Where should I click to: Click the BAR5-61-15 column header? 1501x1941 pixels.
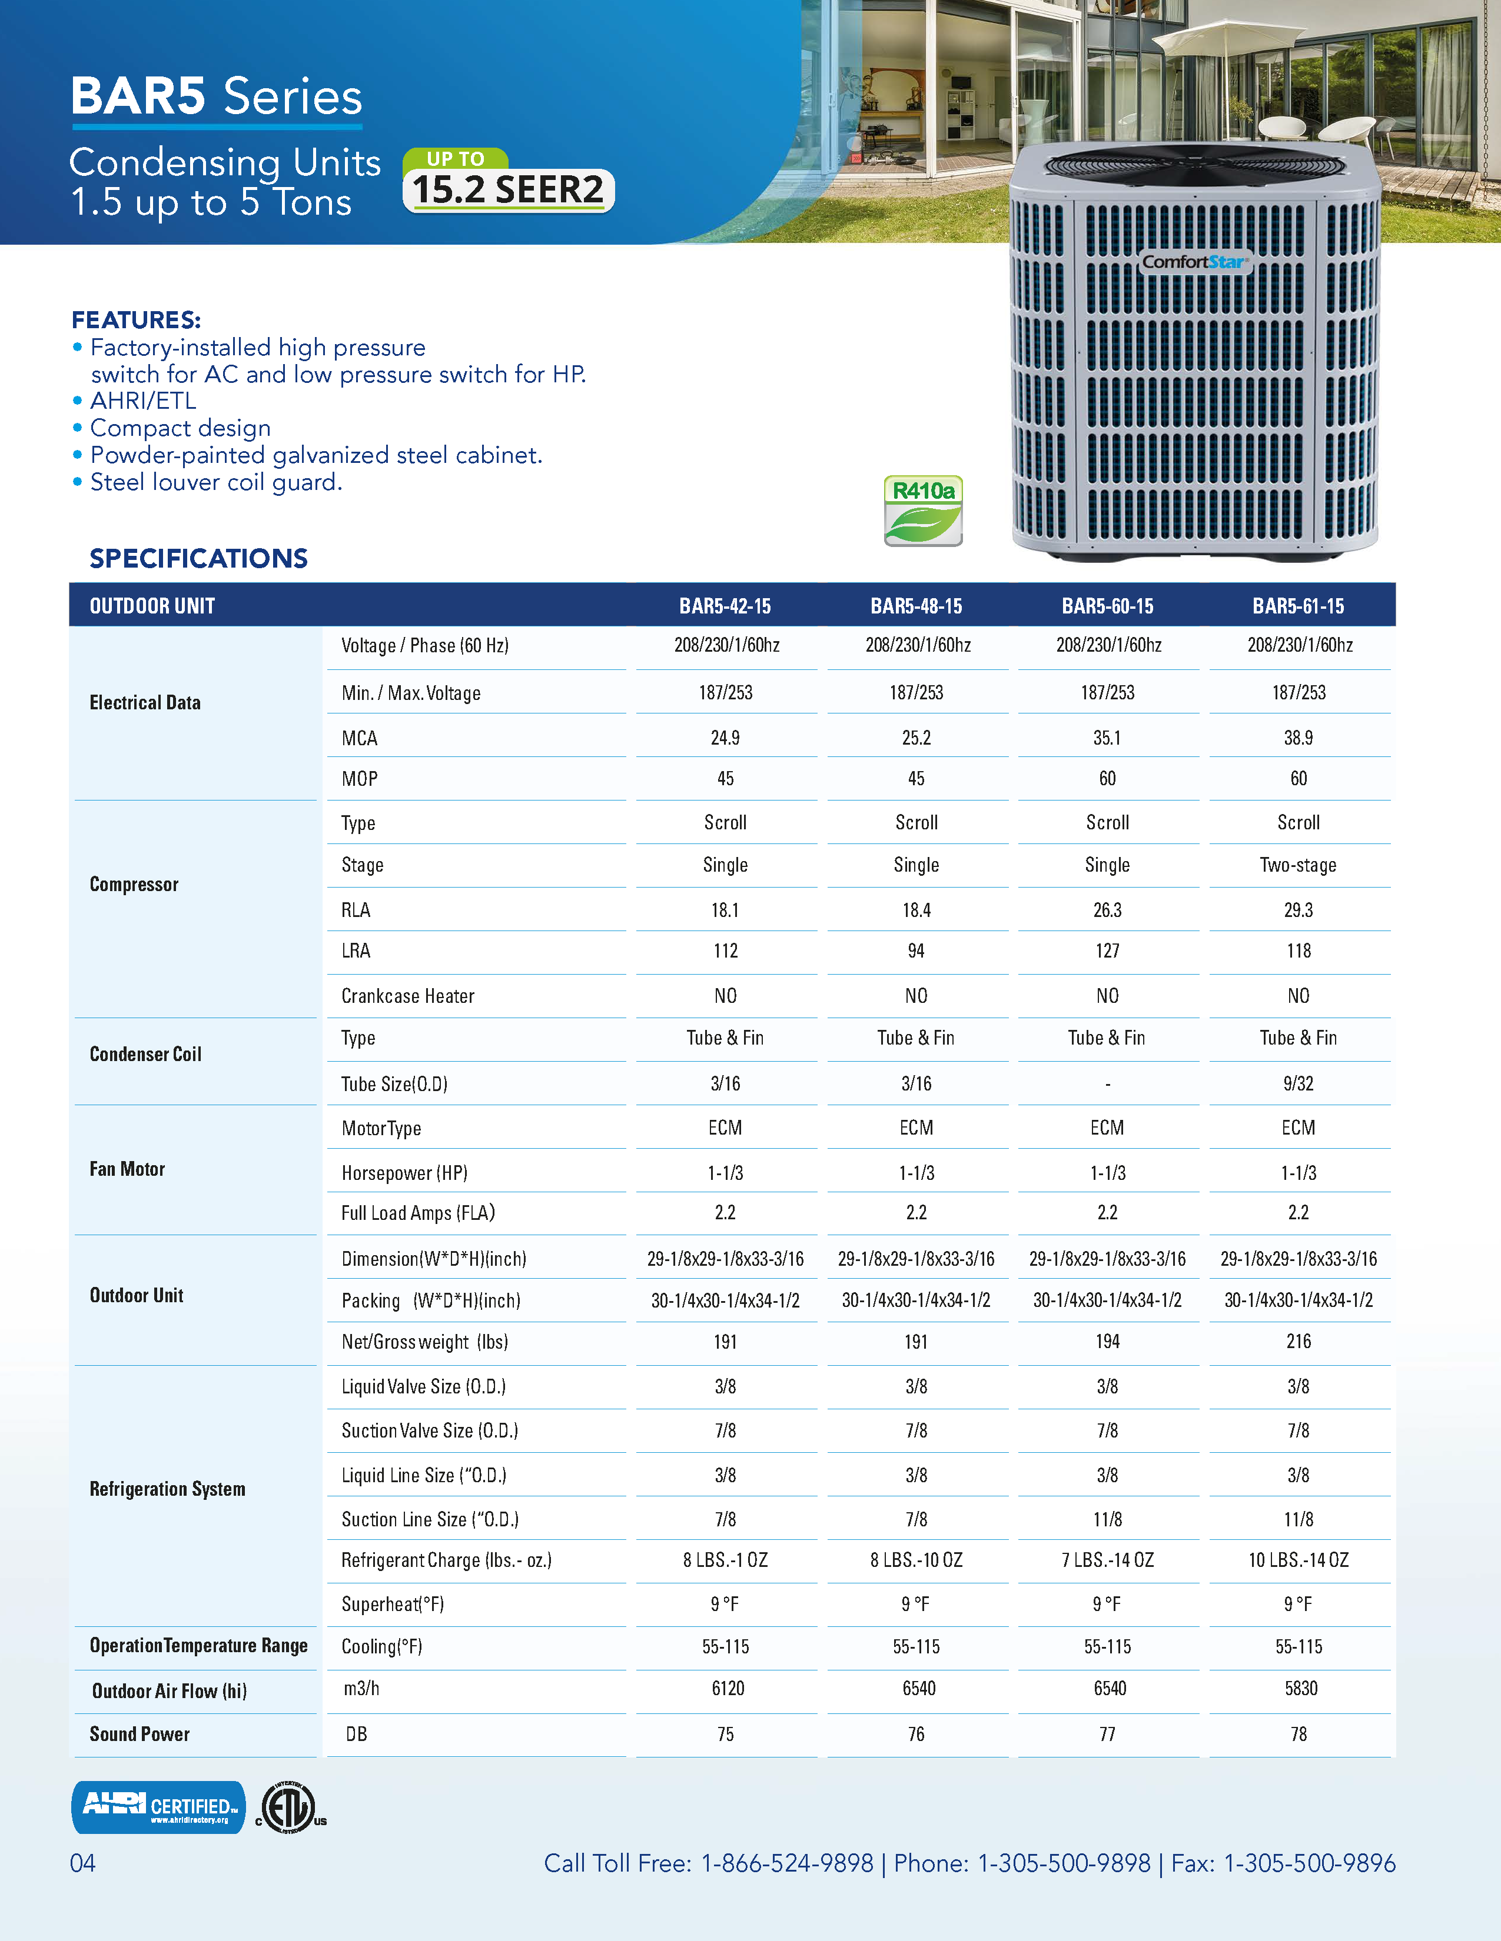(x=1299, y=606)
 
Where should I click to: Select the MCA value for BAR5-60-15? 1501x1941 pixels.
(x=1107, y=738)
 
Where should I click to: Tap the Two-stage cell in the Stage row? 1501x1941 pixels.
(x=1299, y=865)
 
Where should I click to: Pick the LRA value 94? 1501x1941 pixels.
(x=916, y=951)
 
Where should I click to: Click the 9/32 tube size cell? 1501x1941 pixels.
(x=1299, y=1083)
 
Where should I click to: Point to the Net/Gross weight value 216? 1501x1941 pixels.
(x=1299, y=1341)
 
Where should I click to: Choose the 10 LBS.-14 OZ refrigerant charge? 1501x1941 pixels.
(x=1299, y=1560)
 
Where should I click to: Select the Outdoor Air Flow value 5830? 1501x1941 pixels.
(x=1301, y=1687)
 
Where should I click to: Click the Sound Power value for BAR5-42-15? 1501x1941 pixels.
(x=726, y=1734)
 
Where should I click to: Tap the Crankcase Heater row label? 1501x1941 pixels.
(x=407, y=996)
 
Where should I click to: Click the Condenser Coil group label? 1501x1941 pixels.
(x=146, y=1054)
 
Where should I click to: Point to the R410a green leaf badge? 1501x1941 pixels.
(x=923, y=511)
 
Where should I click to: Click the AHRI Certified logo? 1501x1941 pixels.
(x=158, y=1807)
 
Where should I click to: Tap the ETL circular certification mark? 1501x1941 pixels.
(x=288, y=1807)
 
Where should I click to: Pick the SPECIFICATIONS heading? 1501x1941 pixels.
(x=198, y=558)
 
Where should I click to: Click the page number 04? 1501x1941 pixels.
(x=82, y=1863)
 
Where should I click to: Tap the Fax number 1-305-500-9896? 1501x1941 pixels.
(x=1310, y=1863)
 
